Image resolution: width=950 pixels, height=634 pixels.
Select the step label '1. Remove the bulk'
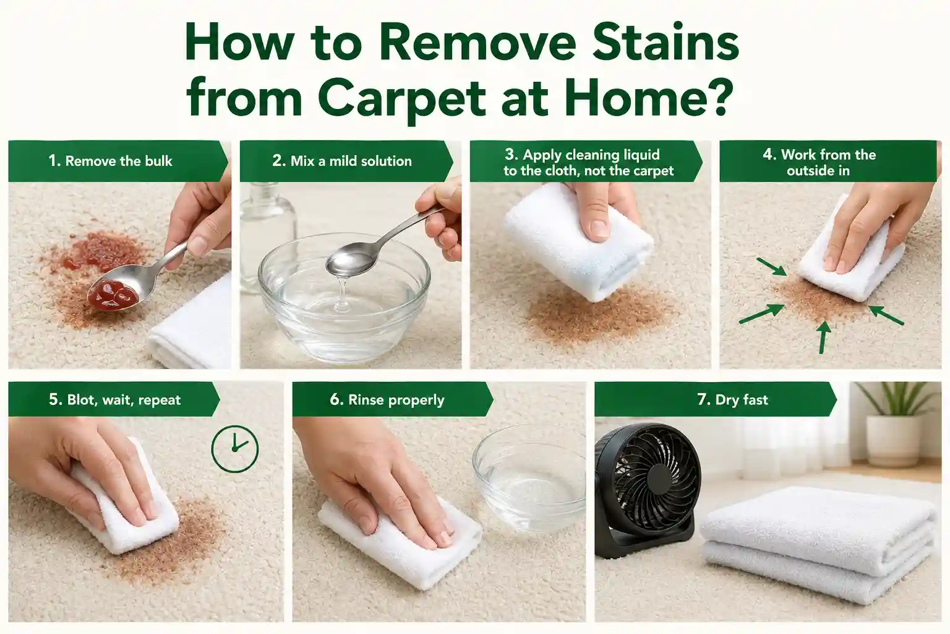110,161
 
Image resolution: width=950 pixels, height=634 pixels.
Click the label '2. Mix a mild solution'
342,161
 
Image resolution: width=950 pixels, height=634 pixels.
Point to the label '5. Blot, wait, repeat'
114,399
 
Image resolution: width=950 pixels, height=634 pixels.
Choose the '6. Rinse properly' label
387,399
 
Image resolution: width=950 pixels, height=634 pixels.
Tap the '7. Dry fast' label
733,399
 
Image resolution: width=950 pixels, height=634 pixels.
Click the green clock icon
235,449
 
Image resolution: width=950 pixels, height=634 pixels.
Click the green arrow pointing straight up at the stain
823,337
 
